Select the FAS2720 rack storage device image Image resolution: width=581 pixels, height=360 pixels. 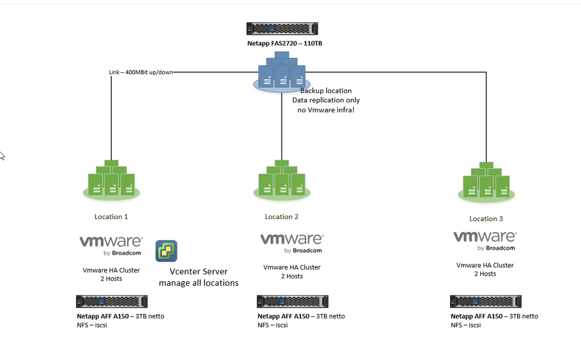click(282, 29)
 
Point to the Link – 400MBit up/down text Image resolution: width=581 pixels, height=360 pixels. click(141, 72)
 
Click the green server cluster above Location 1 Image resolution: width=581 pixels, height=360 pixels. click(111, 178)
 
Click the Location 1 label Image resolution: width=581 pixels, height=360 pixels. click(111, 217)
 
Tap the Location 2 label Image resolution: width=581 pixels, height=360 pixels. click(282, 217)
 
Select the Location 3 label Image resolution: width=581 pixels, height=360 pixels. click(486, 219)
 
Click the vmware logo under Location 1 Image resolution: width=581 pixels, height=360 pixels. click(111, 245)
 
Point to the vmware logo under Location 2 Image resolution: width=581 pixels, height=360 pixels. click(292, 243)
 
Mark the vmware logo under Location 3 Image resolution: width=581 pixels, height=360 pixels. click(485, 241)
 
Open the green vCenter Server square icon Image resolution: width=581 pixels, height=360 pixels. click(166, 251)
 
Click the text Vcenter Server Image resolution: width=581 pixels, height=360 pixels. click(199, 271)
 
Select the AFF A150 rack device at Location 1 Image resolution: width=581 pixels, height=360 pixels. click(112, 301)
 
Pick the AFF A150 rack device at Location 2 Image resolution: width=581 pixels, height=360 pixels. click(292, 301)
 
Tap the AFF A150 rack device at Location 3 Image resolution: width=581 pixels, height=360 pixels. click(486, 301)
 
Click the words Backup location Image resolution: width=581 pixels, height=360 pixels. click(325, 91)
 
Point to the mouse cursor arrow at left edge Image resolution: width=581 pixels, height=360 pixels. click(2, 155)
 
